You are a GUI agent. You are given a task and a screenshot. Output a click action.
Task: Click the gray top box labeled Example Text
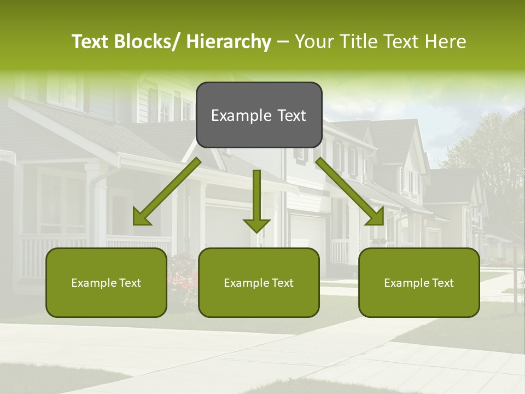point(259,115)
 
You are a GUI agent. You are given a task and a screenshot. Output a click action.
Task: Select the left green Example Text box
point(106,282)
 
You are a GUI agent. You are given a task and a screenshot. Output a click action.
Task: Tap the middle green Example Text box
point(259,282)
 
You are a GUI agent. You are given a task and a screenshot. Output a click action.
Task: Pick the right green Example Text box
point(419,282)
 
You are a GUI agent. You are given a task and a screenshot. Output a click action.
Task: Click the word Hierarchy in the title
point(229,42)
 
